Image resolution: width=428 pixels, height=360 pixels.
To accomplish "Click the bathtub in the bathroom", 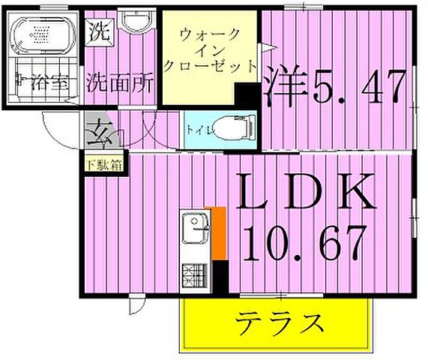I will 43,34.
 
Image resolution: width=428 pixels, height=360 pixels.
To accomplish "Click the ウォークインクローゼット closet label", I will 210,49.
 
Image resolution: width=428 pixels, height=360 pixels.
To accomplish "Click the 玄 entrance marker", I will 99,136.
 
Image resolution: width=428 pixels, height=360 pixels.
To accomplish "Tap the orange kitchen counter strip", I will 220,234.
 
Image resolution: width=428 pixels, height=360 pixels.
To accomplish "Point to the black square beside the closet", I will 247,95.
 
